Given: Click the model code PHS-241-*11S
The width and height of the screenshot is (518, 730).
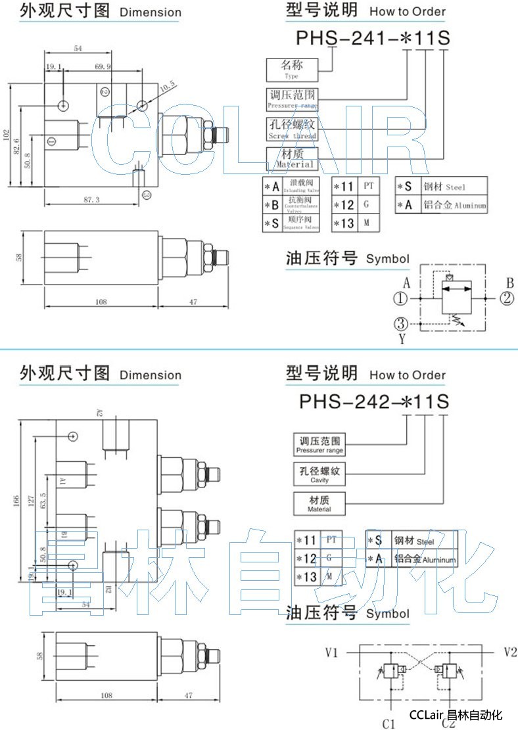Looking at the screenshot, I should (x=373, y=37).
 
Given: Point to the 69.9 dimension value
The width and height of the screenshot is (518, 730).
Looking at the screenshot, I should (x=103, y=67).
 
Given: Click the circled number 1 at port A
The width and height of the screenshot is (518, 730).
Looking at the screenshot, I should (x=400, y=299).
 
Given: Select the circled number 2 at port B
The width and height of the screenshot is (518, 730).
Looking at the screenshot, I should (x=506, y=299).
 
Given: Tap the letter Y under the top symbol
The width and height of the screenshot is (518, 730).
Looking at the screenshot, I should (x=401, y=338).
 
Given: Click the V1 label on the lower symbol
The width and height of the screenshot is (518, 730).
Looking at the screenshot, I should (x=331, y=652).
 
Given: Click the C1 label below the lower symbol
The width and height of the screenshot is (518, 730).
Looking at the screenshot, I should (x=388, y=723).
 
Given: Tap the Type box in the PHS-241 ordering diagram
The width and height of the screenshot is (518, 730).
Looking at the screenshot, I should (x=292, y=68).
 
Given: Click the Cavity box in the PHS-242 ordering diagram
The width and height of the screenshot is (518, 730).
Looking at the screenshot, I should (x=319, y=474).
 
